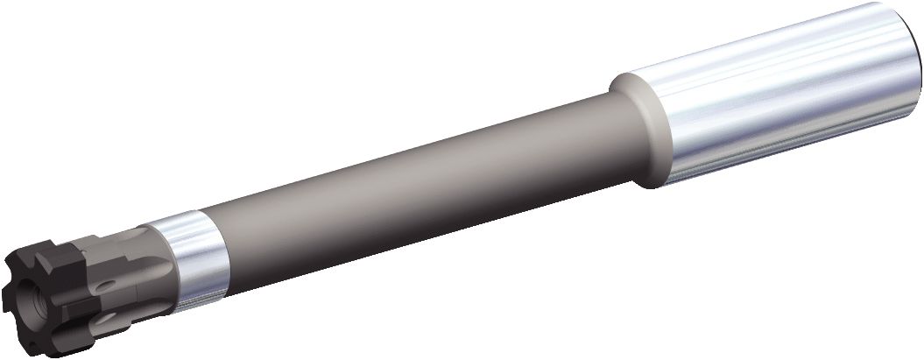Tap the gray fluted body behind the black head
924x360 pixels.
(131, 263)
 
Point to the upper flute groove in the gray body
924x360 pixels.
(131, 245)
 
